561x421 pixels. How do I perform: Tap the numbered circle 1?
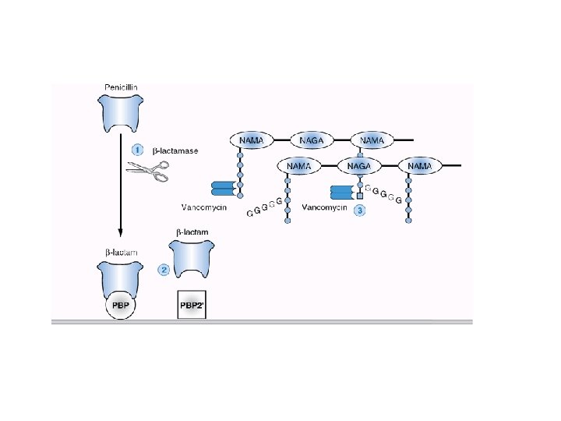click(137, 150)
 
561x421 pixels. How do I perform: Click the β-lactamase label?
click(175, 150)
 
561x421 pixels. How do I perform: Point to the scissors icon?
click(149, 172)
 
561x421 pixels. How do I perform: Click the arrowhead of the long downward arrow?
click(121, 232)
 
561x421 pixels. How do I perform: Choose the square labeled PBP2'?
click(192, 303)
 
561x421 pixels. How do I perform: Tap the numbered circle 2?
click(164, 270)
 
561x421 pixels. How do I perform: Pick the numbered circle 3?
click(359, 210)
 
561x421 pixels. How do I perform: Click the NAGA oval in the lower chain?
click(359, 166)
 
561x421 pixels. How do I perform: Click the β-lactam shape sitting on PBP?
click(121, 274)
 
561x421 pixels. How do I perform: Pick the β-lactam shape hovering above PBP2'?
click(192, 258)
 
